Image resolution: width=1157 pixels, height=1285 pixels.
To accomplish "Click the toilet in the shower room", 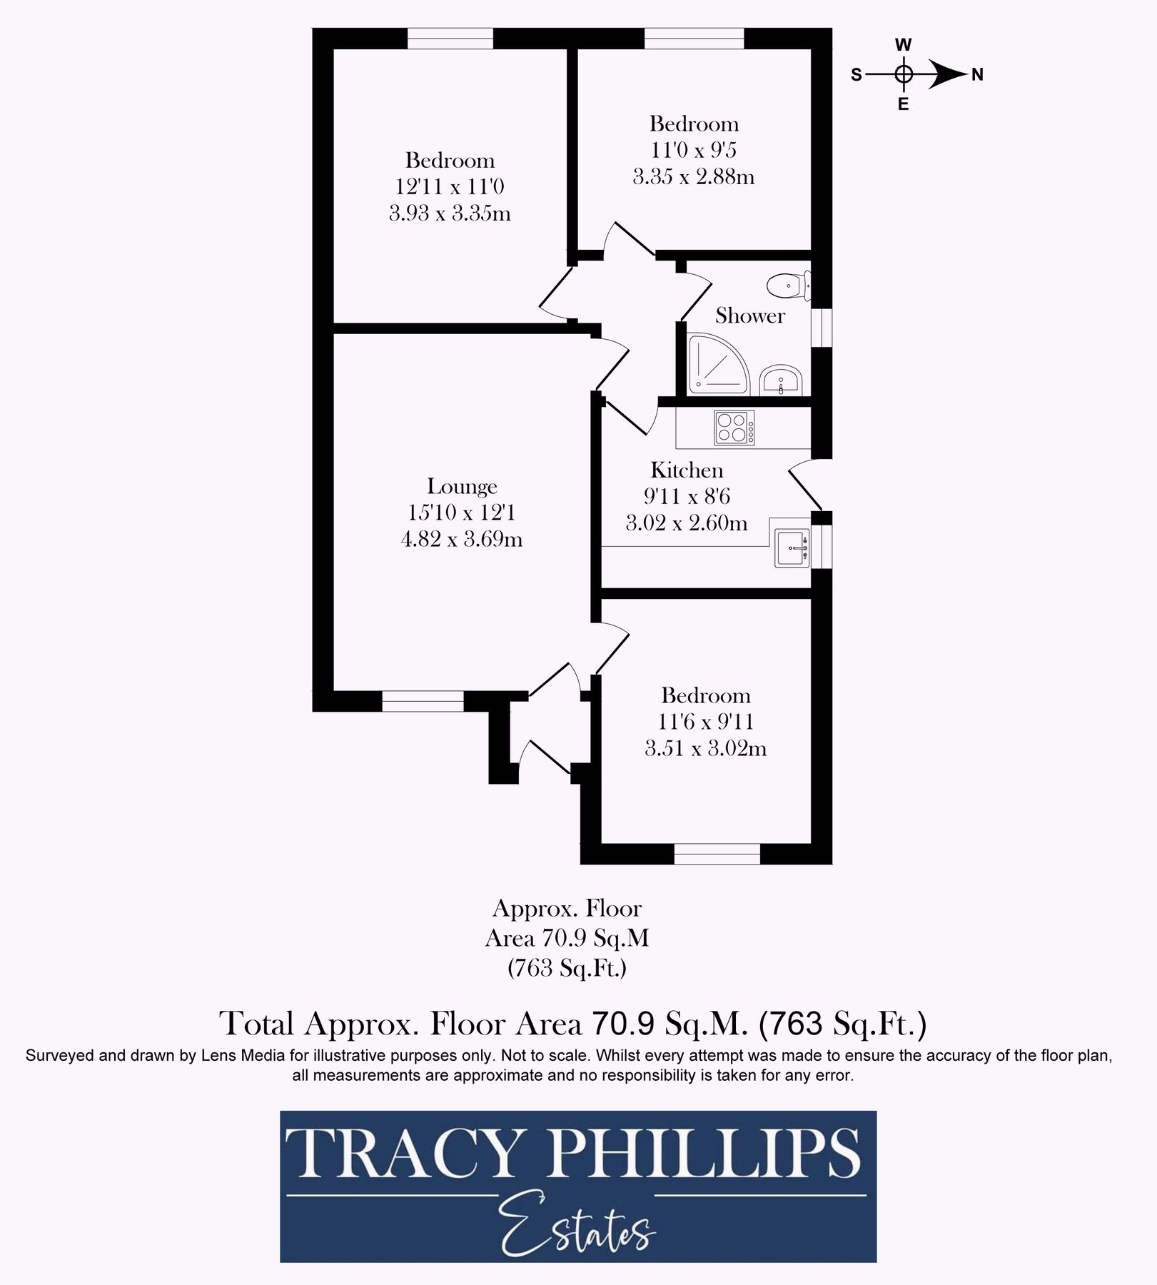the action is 789,286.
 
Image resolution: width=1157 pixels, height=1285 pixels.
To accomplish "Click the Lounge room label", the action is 462,486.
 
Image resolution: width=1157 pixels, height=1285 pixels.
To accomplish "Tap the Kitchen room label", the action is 687,470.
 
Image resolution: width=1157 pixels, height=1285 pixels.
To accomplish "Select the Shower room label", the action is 750,316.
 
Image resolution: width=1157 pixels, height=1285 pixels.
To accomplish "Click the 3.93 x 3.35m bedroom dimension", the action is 450,213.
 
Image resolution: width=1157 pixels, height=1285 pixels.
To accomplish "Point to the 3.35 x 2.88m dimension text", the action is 694,176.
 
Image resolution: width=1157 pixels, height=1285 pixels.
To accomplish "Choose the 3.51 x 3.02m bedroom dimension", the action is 705,748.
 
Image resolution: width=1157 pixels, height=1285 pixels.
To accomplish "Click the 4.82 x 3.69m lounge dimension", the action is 462,539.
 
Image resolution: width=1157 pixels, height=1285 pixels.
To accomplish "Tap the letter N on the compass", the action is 977,74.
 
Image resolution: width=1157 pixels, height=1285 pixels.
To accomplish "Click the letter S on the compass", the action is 857,74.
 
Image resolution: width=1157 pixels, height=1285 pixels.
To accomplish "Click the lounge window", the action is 423,701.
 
